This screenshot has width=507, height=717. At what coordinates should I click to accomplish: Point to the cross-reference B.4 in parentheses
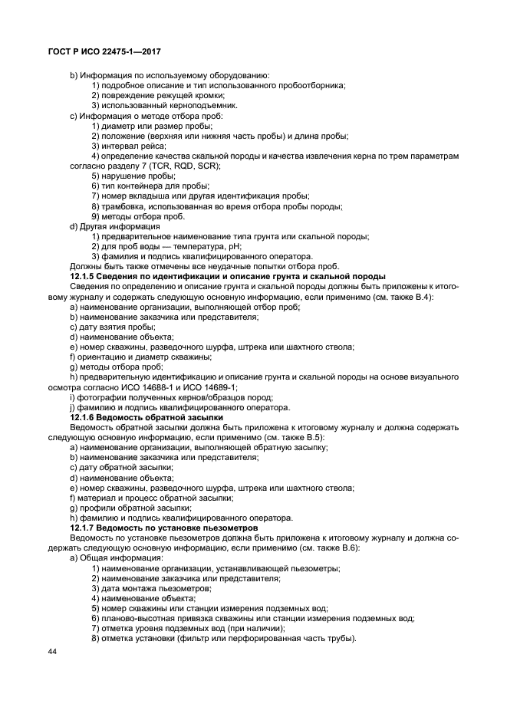424,296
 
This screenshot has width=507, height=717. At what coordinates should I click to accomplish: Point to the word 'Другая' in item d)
94,226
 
